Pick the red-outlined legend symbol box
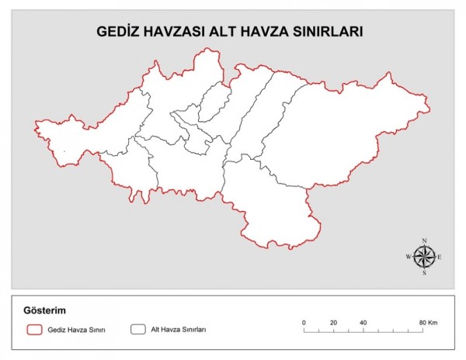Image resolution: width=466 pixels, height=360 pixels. click(x=33, y=329)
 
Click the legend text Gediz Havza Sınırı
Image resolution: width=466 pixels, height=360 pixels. click(x=77, y=330)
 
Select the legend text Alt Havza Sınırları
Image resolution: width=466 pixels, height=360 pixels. click(x=178, y=330)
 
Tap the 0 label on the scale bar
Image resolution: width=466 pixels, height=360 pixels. click(x=304, y=322)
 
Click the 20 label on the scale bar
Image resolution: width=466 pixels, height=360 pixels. click(x=333, y=322)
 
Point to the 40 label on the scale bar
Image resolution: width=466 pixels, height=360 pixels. click(x=363, y=322)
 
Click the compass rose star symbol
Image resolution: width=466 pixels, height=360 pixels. click(x=424, y=256)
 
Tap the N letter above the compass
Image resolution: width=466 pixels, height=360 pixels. click(x=424, y=240)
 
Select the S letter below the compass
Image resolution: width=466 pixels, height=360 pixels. click(x=424, y=273)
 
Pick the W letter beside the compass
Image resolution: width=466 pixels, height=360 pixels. click(x=409, y=256)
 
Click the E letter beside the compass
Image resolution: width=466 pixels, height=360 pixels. click(x=440, y=256)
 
